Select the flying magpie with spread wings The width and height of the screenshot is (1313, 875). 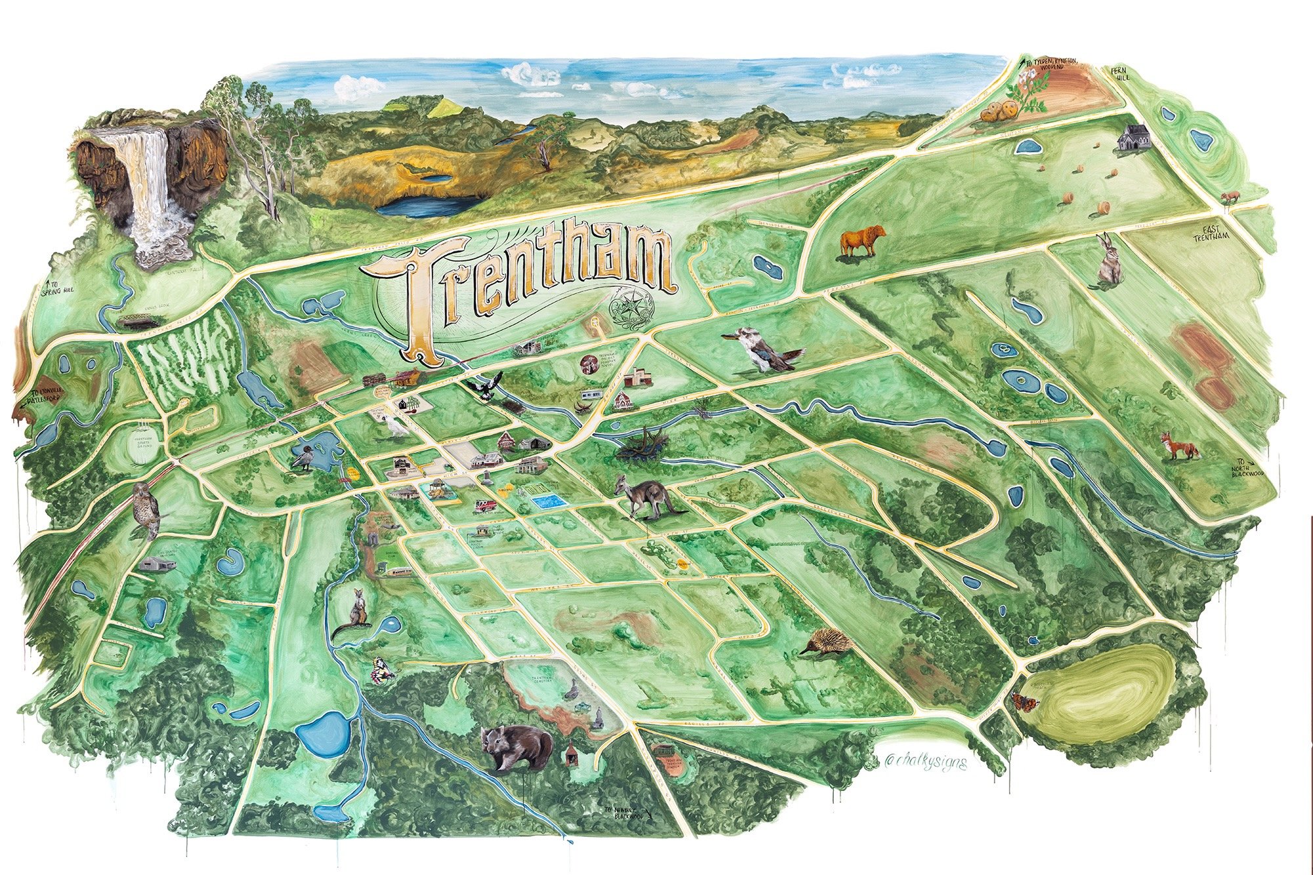pos(487,387)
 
